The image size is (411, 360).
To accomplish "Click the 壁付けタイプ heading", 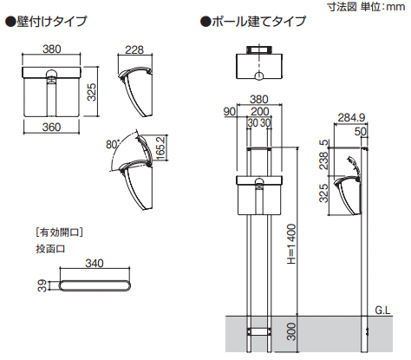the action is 47,22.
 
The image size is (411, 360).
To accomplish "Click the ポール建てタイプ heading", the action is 253,22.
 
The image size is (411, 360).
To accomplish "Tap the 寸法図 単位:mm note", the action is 366,7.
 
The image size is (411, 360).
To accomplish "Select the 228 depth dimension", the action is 134,49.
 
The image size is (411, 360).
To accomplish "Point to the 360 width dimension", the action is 51,127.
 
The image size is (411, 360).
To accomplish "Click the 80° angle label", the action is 113,144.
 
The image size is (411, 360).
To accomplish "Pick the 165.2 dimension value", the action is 160,147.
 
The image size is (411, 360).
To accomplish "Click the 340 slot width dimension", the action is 95,263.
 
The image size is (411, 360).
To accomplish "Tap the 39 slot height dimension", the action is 42,285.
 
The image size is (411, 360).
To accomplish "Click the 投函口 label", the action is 50,249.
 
